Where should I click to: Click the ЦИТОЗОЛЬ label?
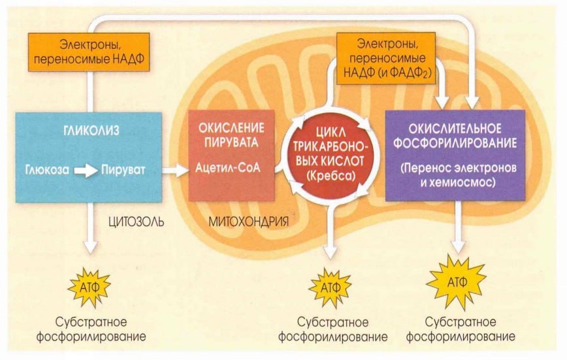coord(134,221)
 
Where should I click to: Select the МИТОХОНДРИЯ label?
coord(248,221)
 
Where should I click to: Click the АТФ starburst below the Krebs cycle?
coord(329,286)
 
